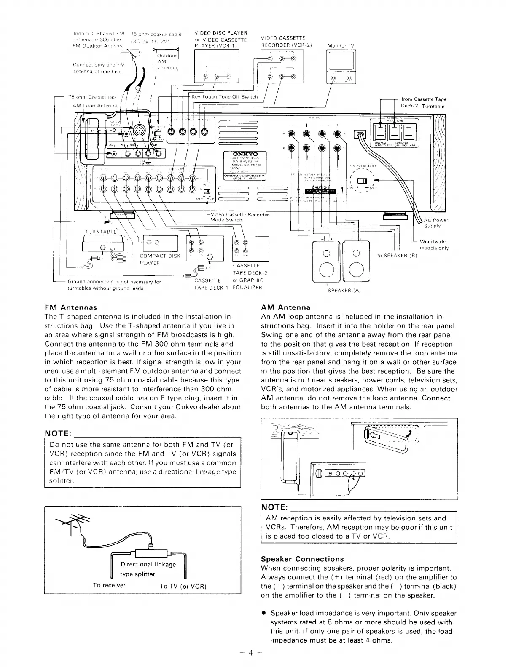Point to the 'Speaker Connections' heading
pos(302,559)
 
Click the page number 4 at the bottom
pos(250,653)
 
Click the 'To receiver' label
pos(109,585)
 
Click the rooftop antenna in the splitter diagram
pos(72,520)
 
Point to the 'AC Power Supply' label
pos(435,223)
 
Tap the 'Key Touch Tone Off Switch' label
pos(224,97)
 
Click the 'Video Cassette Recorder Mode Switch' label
pos(239,217)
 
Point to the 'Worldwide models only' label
pos(434,245)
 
